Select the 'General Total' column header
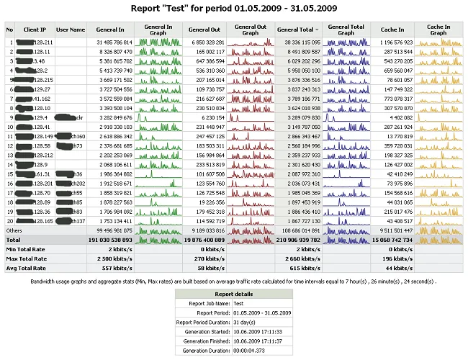(296, 30)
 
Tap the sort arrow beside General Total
(318, 30)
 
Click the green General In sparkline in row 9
(158, 117)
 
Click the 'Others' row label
(15, 229)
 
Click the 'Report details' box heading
(233, 294)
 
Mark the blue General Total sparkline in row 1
(346, 42)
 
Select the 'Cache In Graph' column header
(439, 30)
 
